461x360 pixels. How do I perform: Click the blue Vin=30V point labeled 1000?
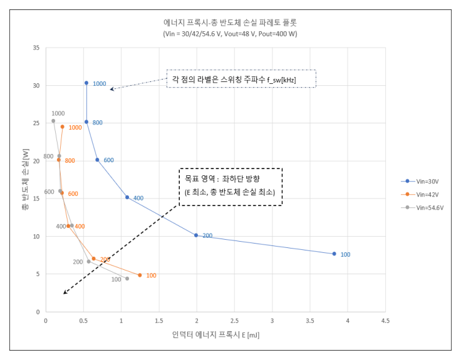(x=86, y=83)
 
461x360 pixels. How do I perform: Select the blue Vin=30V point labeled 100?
(x=334, y=254)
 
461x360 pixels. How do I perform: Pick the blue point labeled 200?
(x=196, y=235)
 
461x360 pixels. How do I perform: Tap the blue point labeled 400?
(x=127, y=197)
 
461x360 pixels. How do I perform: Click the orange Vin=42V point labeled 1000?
(x=62, y=126)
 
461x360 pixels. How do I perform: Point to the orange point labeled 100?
(x=140, y=275)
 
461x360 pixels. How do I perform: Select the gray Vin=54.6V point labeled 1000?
(x=53, y=121)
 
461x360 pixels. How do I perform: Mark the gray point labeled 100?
(x=127, y=279)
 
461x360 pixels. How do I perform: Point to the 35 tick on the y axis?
(x=36, y=48)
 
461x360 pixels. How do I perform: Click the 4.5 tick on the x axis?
(x=385, y=321)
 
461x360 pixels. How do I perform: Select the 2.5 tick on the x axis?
(x=234, y=321)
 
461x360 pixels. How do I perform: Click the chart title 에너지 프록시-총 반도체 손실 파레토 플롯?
(x=229, y=22)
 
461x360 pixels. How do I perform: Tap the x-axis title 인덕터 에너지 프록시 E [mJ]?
(x=215, y=335)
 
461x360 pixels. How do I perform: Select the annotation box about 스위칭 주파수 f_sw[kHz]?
(x=241, y=79)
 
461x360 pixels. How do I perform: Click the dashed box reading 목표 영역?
(x=230, y=187)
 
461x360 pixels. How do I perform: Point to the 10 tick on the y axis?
(x=36, y=237)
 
